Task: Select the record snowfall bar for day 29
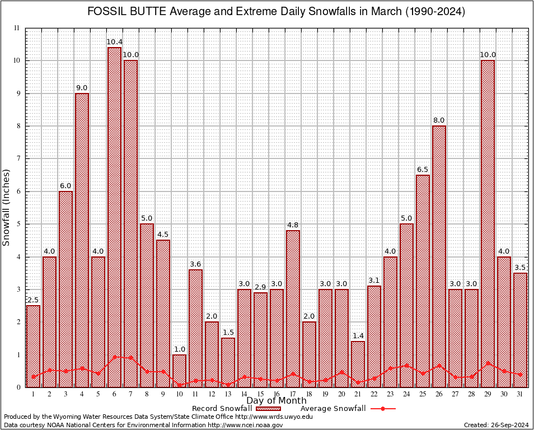488,223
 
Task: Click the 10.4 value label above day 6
114,42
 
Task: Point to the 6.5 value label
423,170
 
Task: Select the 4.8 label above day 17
293,225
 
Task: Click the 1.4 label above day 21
358,336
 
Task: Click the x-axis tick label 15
260,394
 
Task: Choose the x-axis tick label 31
520,394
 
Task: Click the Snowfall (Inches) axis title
7,207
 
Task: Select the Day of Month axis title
276,401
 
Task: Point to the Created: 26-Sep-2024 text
496,425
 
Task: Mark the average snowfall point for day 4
82,368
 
